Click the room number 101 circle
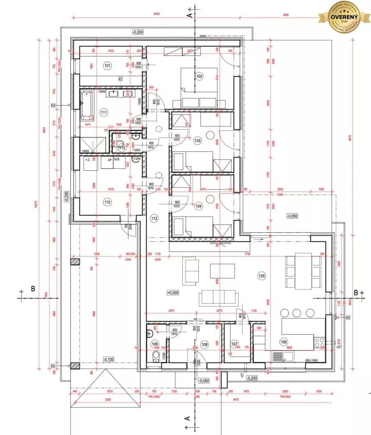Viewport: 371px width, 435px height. click(107, 65)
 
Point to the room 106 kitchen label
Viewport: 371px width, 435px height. click(284, 342)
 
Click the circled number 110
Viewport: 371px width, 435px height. click(107, 201)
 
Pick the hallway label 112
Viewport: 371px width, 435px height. click(154, 218)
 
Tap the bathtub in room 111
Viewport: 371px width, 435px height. click(86, 106)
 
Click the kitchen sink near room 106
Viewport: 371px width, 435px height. click(283, 356)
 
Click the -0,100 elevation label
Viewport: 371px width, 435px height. click(108, 359)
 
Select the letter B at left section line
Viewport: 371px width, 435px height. click(33, 288)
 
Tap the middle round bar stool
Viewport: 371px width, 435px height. click(297, 313)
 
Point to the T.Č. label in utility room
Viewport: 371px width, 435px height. click(87, 160)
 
